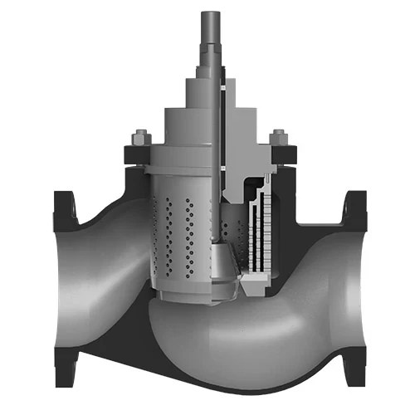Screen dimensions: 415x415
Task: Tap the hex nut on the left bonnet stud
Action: point(138,136)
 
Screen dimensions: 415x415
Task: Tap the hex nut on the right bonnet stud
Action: point(278,136)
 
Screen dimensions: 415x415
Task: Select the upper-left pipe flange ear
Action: point(63,207)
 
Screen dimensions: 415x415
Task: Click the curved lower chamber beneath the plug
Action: point(249,340)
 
